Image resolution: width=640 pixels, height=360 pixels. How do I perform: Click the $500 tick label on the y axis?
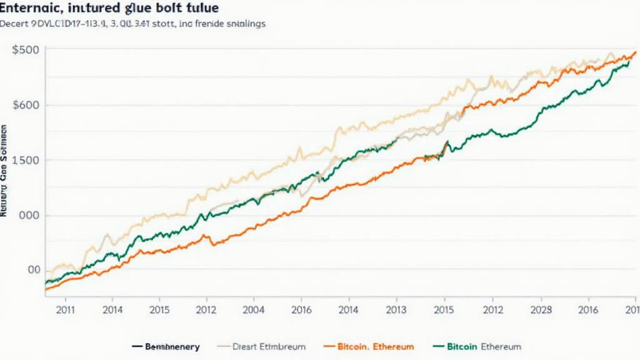point(25,50)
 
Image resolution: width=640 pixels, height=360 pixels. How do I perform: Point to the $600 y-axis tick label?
point(25,105)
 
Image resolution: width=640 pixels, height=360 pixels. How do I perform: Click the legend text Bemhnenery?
point(172,346)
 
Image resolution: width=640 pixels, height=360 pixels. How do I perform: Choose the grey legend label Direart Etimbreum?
point(269,346)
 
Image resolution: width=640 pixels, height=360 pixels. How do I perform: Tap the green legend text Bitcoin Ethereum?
point(484,346)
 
